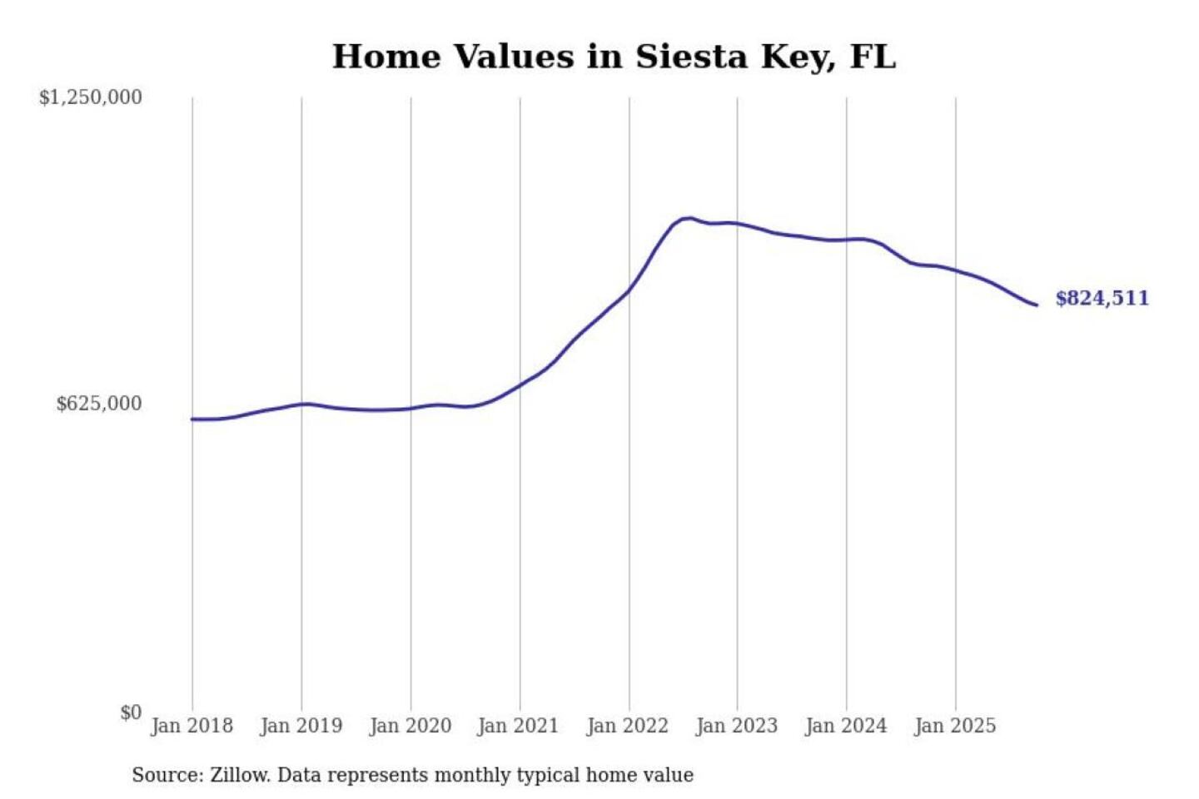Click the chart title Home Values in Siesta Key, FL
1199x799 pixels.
(614, 57)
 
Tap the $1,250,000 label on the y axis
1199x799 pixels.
(91, 97)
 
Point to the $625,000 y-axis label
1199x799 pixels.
(99, 404)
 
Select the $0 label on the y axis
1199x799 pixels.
(131, 712)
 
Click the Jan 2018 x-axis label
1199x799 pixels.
(192, 726)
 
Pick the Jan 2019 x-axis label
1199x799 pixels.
(301, 726)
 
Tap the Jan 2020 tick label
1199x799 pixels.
(410, 726)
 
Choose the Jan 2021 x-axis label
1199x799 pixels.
(518, 726)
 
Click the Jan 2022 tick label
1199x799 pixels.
(628, 726)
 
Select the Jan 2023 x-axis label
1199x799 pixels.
(737, 726)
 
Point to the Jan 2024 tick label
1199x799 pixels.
(846, 726)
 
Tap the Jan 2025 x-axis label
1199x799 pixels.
(955, 726)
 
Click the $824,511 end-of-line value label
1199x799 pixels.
(1102, 298)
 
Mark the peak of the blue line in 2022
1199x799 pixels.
(688, 218)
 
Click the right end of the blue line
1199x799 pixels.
(1036, 305)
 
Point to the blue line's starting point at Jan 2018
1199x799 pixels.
(192, 419)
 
